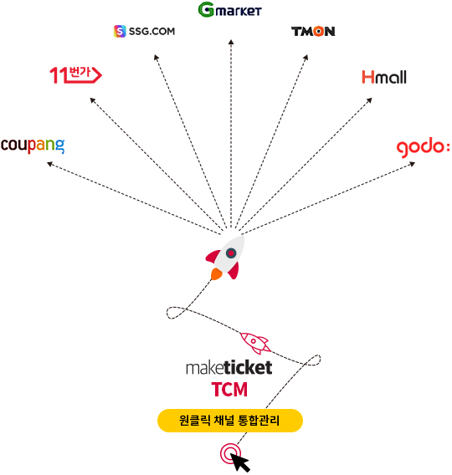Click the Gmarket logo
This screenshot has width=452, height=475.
tap(230, 10)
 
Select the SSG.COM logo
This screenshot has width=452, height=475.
tap(144, 31)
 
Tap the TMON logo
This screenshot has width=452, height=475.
tap(313, 32)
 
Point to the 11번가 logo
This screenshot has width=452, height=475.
tap(76, 74)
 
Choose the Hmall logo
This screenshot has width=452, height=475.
tap(384, 77)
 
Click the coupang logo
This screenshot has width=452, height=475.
tap(33, 146)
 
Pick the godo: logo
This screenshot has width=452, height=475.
tap(423, 149)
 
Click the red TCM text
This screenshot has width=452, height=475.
tap(229, 389)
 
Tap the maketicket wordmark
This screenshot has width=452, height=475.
tap(229, 367)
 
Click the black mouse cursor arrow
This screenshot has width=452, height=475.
tap(239, 462)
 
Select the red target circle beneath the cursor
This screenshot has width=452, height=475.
tap(230, 453)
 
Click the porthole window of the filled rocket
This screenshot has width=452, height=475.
tap(231, 253)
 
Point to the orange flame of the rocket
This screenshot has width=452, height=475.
tap(216, 273)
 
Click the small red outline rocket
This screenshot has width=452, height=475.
tap(255, 343)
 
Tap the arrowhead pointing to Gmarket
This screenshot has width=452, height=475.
tap(231, 42)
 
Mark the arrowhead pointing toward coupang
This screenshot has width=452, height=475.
tap(50, 164)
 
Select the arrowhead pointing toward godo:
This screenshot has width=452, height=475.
tap(412, 164)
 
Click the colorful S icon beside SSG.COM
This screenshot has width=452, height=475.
tap(120, 31)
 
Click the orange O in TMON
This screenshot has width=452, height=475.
tap(318, 32)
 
